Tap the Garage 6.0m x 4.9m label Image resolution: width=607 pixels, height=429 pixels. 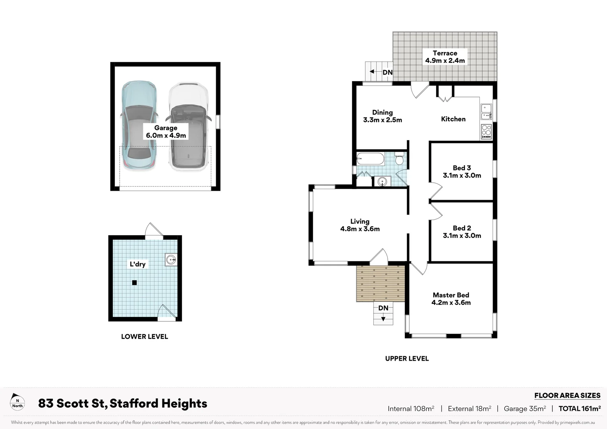click(166, 131)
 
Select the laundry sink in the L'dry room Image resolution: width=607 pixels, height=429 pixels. click(171, 260)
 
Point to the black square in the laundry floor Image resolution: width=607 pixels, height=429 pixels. click(134, 283)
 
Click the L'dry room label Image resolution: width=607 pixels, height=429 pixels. click(137, 264)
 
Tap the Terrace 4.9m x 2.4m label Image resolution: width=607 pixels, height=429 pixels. click(445, 57)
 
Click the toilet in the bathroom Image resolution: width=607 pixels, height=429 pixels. click(399, 159)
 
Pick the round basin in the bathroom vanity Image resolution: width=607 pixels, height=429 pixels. click(382, 182)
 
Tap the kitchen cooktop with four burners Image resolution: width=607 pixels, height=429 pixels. click(486, 131)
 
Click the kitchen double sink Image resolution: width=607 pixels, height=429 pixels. click(486, 112)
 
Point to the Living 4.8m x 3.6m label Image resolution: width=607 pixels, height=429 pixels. click(360, 225)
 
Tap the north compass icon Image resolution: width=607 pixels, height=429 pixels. click(17, 402)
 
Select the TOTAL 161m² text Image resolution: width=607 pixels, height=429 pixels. click(580, 408)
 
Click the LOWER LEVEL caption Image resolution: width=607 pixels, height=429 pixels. click(145, 336)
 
